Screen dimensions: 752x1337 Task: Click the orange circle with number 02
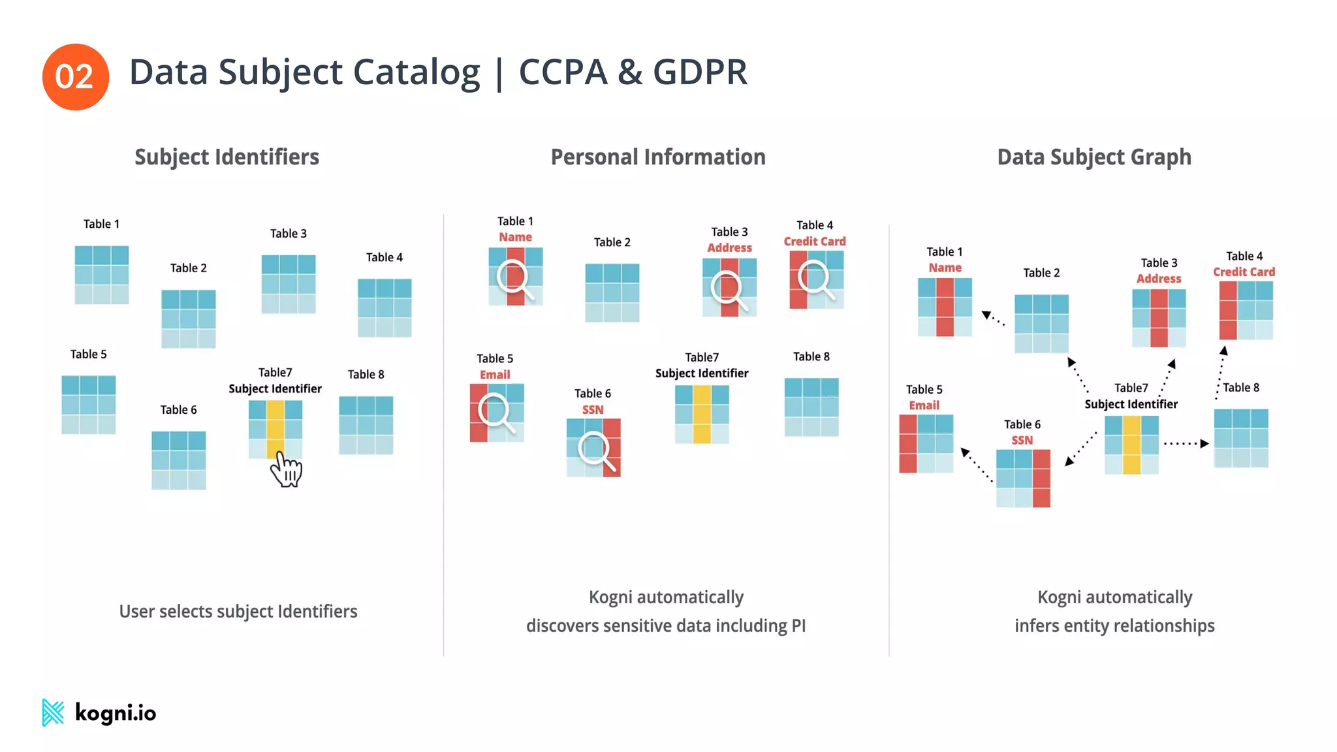pyautogui.click(x=75, y=77)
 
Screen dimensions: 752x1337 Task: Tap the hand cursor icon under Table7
pyautogui.click(x=287, y=469)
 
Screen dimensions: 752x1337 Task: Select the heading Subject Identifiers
pyautogui.click(x=227, y=157)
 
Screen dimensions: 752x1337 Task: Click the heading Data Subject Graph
pyautogui.click(x=1094, y=157)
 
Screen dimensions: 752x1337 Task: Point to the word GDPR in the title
pyautogui.click(x=700, y=72)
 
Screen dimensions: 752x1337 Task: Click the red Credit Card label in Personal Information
pyautogui.click(x=815, y=241)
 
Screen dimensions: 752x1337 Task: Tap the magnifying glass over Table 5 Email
pyautogui.click(x=495, y=413)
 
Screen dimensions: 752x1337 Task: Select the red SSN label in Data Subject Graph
pyautogui.click(x=1022, y=440)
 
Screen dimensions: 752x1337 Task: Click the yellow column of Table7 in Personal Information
pyautogui.click(x=702, y=414)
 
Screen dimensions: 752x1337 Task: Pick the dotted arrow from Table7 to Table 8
pyautogui.click(x=1186, y=443)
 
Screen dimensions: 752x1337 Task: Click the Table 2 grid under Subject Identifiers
pyautogui.click(x=188, y=319)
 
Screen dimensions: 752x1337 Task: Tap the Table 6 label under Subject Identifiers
pyautogui.click(x=178, y=409)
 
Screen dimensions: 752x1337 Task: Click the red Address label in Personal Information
pyautogui.click(x=729, y=247)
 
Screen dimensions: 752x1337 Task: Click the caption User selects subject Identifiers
pyautogui.click(x=238, y=611)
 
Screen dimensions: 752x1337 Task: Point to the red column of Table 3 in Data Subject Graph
pyautogui.click(x=1159, y=318)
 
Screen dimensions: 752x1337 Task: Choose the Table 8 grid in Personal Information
pyautogui.click(x=811, y=407)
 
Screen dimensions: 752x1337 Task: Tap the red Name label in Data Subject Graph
pyautogui.click(x=945, y=268)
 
